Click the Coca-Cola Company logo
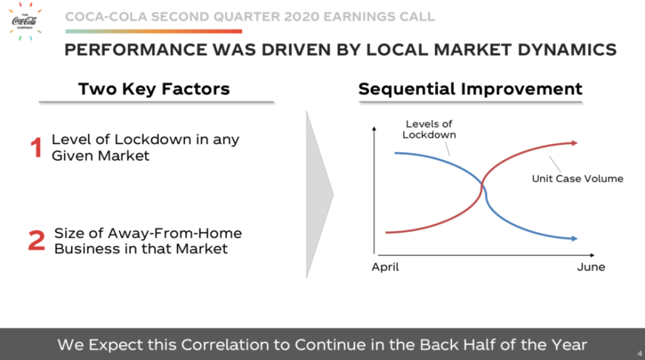25,21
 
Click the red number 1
36,147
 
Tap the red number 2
36,240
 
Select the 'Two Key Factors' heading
154,89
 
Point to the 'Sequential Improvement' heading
470,89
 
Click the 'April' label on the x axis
385,267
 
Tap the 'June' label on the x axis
591,267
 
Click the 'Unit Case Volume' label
577,179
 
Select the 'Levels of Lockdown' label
429,129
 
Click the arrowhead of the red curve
575,143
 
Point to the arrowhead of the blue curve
575,238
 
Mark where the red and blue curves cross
482,186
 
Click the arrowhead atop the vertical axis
374,129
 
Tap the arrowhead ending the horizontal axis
592,255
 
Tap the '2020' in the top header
301,17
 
